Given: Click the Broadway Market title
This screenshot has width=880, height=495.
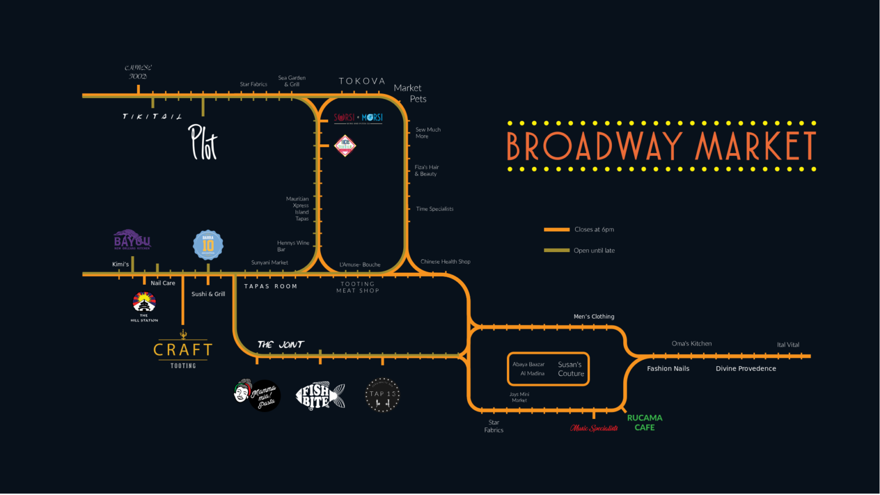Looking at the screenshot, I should coord(661,146).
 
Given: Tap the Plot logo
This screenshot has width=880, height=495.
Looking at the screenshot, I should coord(203,142).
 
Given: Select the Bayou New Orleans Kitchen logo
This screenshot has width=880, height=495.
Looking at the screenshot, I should coord(132,239).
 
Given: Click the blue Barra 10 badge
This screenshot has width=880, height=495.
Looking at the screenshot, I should coord(208,245).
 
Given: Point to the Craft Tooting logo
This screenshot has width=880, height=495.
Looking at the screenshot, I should coord(183,350).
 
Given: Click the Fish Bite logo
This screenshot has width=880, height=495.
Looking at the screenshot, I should coord(320,395).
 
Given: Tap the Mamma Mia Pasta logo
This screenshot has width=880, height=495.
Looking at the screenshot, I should coord(257,395).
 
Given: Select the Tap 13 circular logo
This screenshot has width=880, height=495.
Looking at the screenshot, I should coord(382,394).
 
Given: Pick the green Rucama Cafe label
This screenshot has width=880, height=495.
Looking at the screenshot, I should coord(645,423).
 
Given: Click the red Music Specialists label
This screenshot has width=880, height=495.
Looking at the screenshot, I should coord(594,428).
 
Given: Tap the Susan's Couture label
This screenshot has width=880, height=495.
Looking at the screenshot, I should coord(571,369).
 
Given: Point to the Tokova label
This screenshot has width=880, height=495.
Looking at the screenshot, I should coord(362,81).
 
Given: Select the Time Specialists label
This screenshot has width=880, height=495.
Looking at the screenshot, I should coord(435,209).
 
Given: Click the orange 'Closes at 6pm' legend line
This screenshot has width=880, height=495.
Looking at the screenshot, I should coord(556,230).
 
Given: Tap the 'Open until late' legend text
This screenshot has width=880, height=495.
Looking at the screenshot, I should coord(594,250).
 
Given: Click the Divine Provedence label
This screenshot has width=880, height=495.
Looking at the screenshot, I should coord(746,368).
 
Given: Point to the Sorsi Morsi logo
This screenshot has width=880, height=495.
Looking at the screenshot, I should coord(358,118).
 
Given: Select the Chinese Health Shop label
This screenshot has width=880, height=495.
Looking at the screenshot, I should coord(445,262).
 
